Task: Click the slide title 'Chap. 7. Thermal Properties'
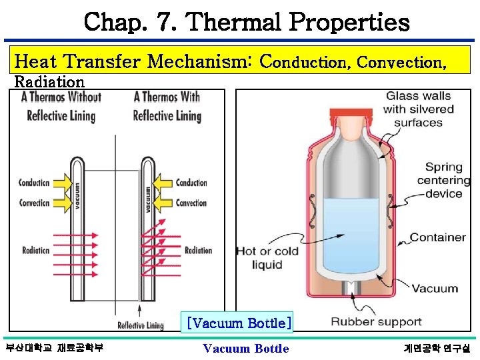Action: [x=247, y=23]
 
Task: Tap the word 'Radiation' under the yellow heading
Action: [x=49, y=82]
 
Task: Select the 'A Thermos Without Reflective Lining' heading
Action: [x=61, y=106]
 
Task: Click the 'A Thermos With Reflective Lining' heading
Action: [x=167, y=106]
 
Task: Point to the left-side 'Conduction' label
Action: [x=34, y=183]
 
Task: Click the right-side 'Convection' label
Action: [x=191, y=203]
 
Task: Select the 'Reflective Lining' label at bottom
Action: [x=141, y=326]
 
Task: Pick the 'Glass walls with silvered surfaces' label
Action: [x=418, y=109]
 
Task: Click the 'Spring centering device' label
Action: [x=438, y=181]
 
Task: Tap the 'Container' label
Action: [x=437, y=237]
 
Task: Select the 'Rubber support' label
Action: [x=376, y=322]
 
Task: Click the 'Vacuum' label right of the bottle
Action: [x=434, y=289]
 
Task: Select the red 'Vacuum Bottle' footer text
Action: [x=246, y=349]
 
